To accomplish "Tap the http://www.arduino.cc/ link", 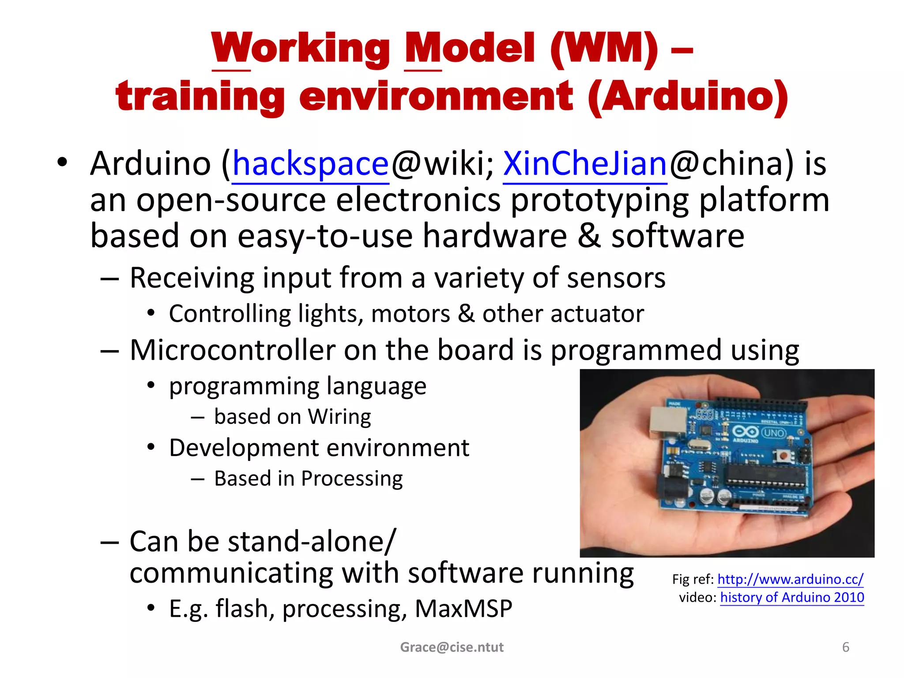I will point(790,579).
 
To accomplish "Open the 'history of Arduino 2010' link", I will point(792,597).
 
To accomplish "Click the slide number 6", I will point(846,647).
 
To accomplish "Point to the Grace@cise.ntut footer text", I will point(452,647).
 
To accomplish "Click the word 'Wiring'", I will point(339,417).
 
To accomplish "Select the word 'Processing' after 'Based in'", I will point(352,478).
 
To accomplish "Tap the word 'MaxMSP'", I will point(463,609).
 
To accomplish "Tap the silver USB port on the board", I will point(667,419).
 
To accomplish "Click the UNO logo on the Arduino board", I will point(773,433).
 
